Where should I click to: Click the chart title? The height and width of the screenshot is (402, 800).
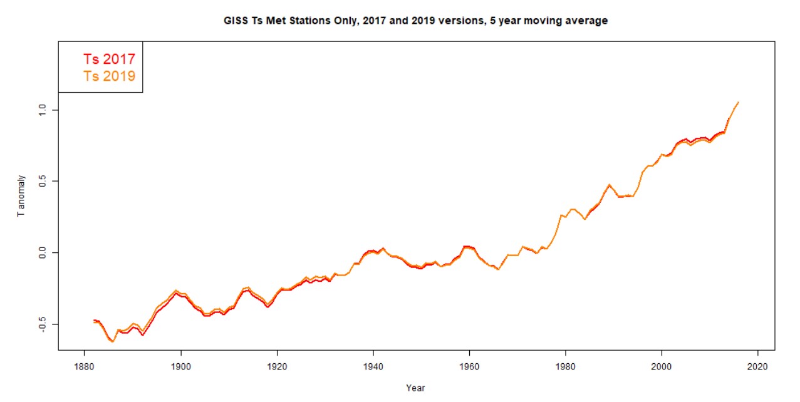(415, 21)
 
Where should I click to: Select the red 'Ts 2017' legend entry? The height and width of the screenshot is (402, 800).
(109, 59)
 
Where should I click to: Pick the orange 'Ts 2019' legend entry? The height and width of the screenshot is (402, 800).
(109, 76)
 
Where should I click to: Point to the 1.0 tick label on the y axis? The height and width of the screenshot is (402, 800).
(42, 110)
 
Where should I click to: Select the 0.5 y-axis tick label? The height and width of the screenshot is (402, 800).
(42, 182)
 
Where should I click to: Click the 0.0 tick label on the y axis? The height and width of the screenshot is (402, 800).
(42, 253)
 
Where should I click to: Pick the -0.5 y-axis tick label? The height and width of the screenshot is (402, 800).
(42, 324)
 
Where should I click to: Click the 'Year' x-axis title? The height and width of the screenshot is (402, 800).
(415, 388)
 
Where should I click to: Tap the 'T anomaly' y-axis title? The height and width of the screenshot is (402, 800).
(21, 195)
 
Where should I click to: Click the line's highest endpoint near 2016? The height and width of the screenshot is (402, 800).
(739, 101)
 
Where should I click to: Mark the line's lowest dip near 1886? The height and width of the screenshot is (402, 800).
(113, 342)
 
